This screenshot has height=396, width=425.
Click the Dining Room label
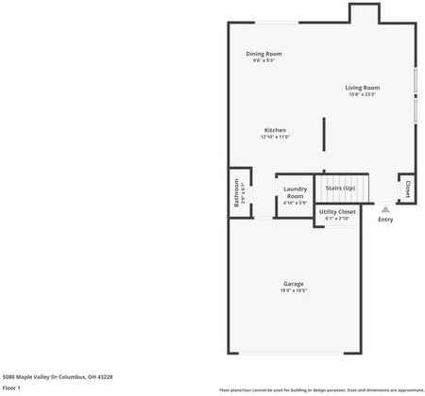(x=263, y=54)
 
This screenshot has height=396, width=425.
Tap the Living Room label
(x=364, y=88)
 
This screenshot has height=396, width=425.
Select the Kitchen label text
(x=275, y=130)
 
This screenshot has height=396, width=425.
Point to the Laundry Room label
(x=295, y=191)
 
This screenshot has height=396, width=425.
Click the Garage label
(x=294, y=284)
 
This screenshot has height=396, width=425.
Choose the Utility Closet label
(x=337, y=212)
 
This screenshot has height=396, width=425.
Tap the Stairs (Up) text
(x=340, y=188)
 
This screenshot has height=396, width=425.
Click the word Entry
(x=385, y=220)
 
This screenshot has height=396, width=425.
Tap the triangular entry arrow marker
(x=385, y=209)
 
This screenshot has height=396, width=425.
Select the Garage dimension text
(x=294, y=291)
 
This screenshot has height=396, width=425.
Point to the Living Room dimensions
(x=364, y=94)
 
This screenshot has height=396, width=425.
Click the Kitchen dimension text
(x=275, y=138)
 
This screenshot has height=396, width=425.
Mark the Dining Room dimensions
(x=263, y=61)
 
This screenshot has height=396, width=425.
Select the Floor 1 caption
(x=12, y=388)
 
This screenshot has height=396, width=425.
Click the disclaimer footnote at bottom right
(x=321, y=389)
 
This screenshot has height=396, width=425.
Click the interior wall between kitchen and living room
(x=323, y=133)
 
